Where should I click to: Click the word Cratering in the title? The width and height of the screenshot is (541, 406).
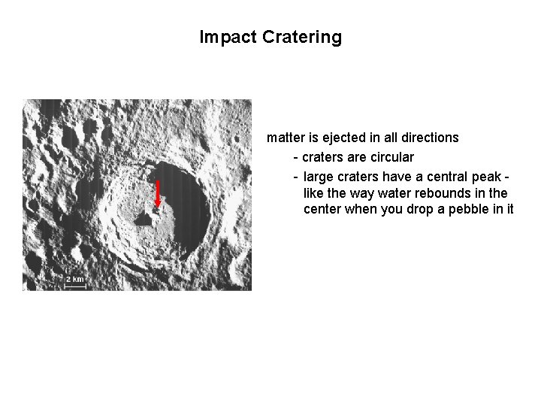(x=302, y=37)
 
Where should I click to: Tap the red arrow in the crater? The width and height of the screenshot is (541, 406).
(x=158, y=194)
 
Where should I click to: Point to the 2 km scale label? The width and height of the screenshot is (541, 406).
(x=75, y=280)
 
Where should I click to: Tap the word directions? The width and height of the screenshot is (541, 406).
(x=428, y=138)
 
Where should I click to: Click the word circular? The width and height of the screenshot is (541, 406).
(x=389, y=157)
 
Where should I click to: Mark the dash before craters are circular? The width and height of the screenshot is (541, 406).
(x=295, y=157)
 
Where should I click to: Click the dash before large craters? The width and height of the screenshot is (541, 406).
(x=295, y=177)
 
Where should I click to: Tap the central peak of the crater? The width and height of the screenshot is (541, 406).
(x=150, y=217)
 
